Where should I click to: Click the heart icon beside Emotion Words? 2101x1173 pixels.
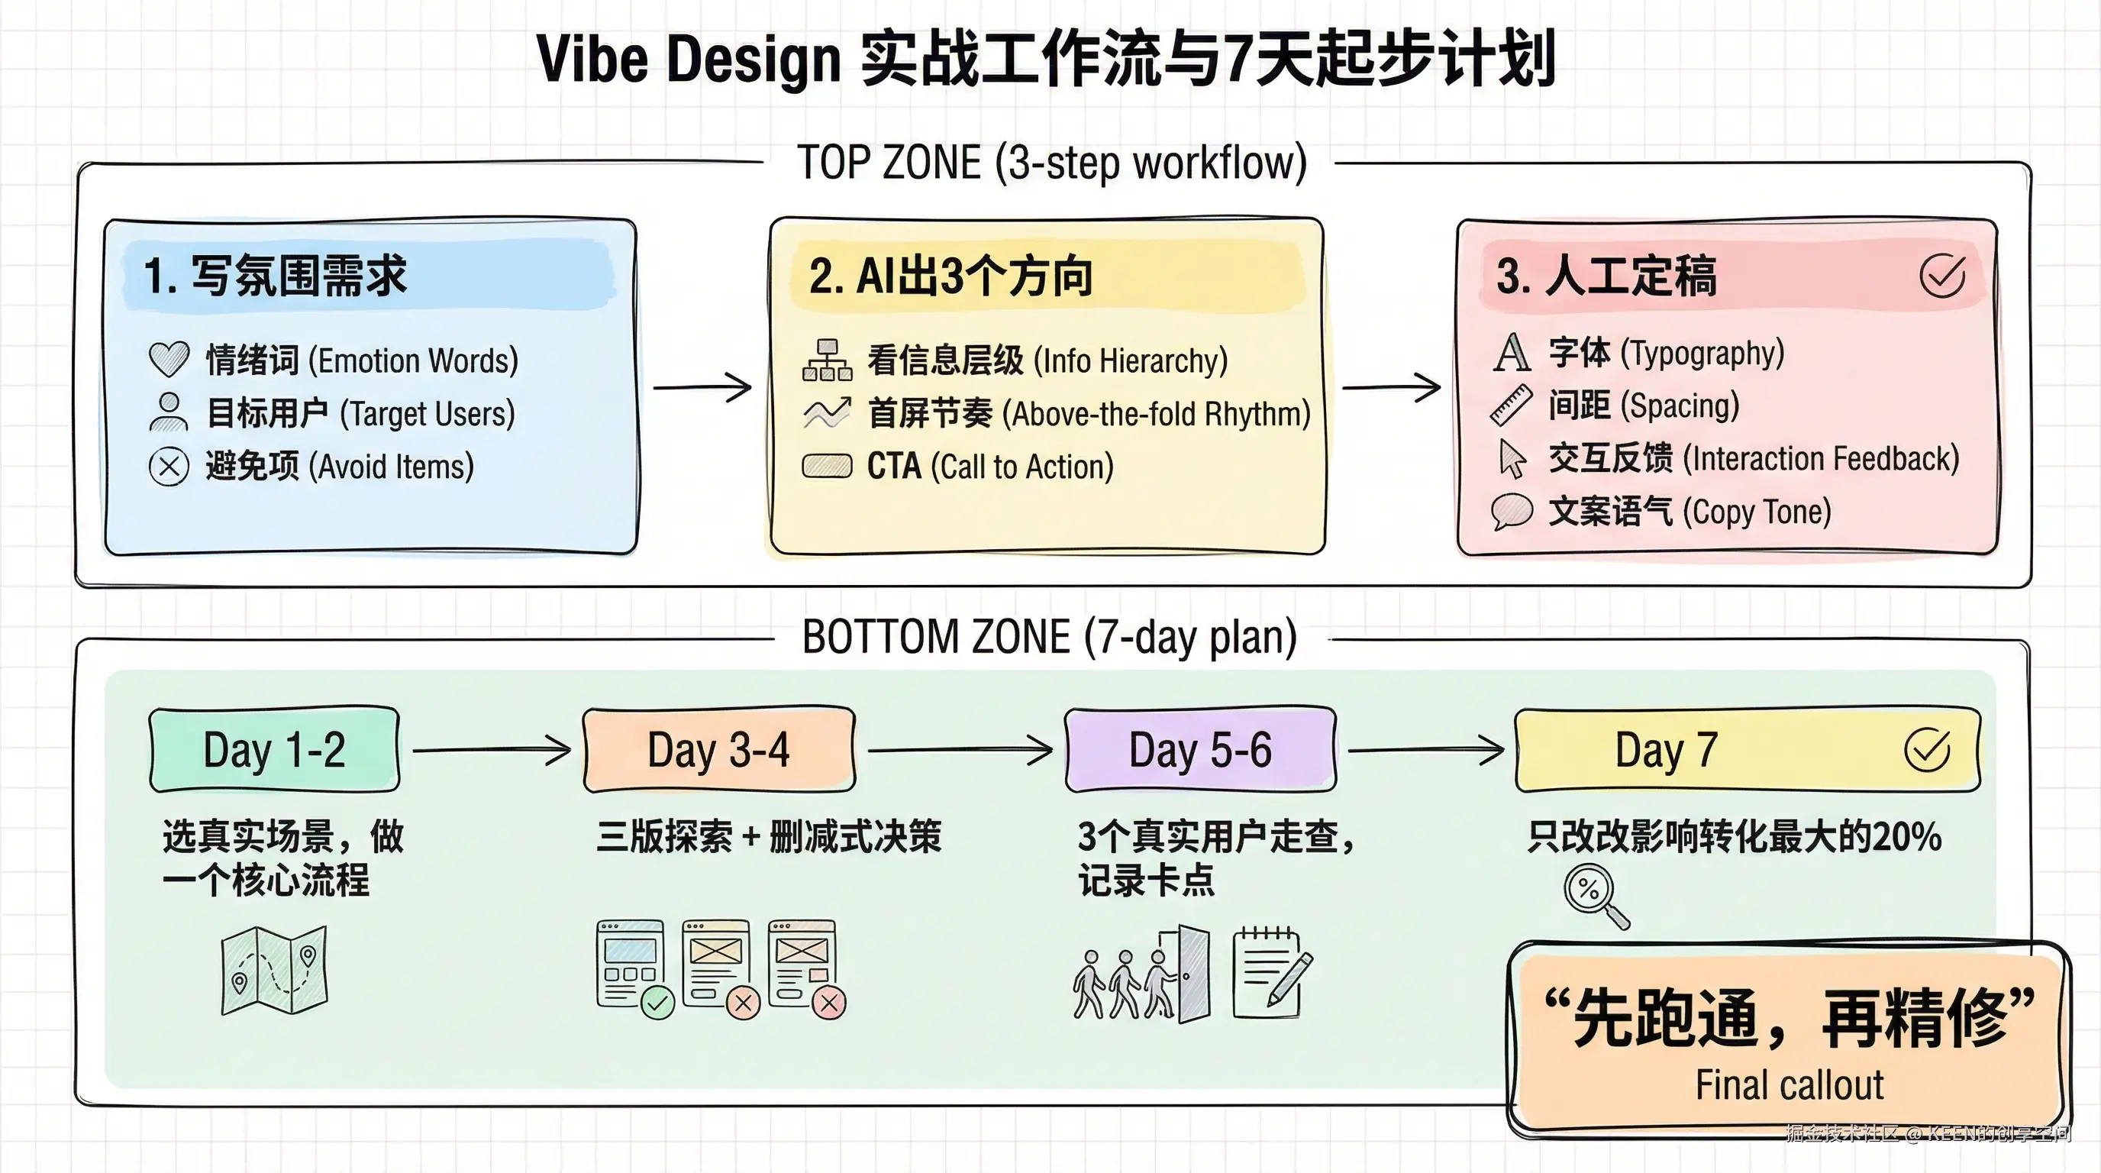coord(169,359)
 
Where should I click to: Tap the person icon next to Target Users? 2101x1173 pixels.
coord(169,412)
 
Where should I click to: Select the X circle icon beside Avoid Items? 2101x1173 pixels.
coord(169,467)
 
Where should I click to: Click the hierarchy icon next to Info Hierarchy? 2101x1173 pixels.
coord(827,360)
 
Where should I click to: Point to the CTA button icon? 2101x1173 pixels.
coord(827,466)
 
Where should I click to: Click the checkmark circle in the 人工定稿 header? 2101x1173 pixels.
coord(1942,276)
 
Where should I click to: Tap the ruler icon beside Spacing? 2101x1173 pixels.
coord(1511,406)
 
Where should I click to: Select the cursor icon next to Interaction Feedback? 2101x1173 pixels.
coord(1512,458)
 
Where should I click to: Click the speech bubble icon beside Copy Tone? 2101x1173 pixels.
coord(1512,512)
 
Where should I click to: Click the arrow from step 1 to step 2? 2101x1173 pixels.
coord(703,386)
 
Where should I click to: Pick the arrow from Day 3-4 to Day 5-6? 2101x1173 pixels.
coord(960,750)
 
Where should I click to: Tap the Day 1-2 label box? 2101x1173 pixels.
coord(275,750)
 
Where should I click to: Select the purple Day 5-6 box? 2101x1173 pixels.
coord(1200,750)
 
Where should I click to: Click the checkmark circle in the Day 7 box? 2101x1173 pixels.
coord(1927,750)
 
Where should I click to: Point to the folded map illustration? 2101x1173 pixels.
coord(274,971)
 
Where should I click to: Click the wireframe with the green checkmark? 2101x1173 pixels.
coord(632,967)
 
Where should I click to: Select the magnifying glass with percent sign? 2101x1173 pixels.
coord(1596,896)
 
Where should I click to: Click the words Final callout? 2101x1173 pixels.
coord(1790,1085)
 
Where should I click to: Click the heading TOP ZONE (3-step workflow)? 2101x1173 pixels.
coord(1051,163)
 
